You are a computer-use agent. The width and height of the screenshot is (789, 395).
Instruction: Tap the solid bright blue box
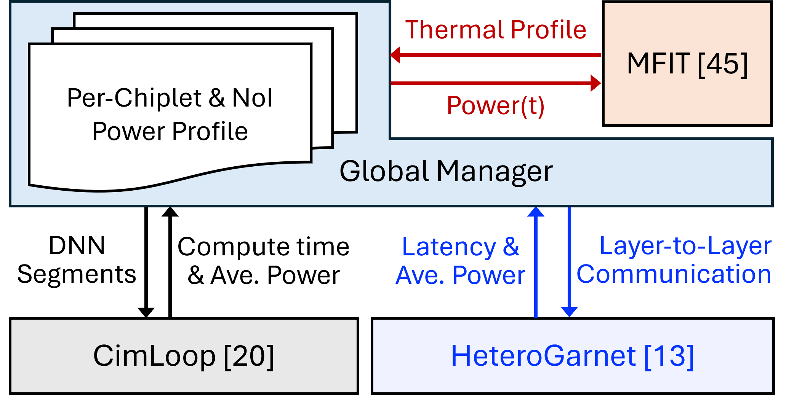572,356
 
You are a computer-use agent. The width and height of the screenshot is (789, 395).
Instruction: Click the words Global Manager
445,172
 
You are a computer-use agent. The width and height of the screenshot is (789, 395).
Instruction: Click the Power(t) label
495,105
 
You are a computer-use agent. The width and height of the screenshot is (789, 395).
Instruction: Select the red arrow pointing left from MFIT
495,55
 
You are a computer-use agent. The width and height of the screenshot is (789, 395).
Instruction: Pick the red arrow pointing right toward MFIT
495,83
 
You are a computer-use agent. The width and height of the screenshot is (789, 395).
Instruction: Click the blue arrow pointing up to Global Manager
536,263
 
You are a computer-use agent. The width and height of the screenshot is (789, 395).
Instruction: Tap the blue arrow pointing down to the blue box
569,263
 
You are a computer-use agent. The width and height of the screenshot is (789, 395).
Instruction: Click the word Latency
449,247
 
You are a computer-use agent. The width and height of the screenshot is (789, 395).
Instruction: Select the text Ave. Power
460,275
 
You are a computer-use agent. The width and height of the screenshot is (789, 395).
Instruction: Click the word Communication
674,274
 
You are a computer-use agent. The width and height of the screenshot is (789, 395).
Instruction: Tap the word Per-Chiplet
134,98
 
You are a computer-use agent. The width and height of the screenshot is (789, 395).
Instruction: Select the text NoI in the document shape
252,98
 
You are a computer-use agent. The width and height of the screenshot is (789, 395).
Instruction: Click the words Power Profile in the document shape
170,132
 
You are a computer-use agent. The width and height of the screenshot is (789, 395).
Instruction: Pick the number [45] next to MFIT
723,64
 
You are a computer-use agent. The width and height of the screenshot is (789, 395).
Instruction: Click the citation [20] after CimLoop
249,356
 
